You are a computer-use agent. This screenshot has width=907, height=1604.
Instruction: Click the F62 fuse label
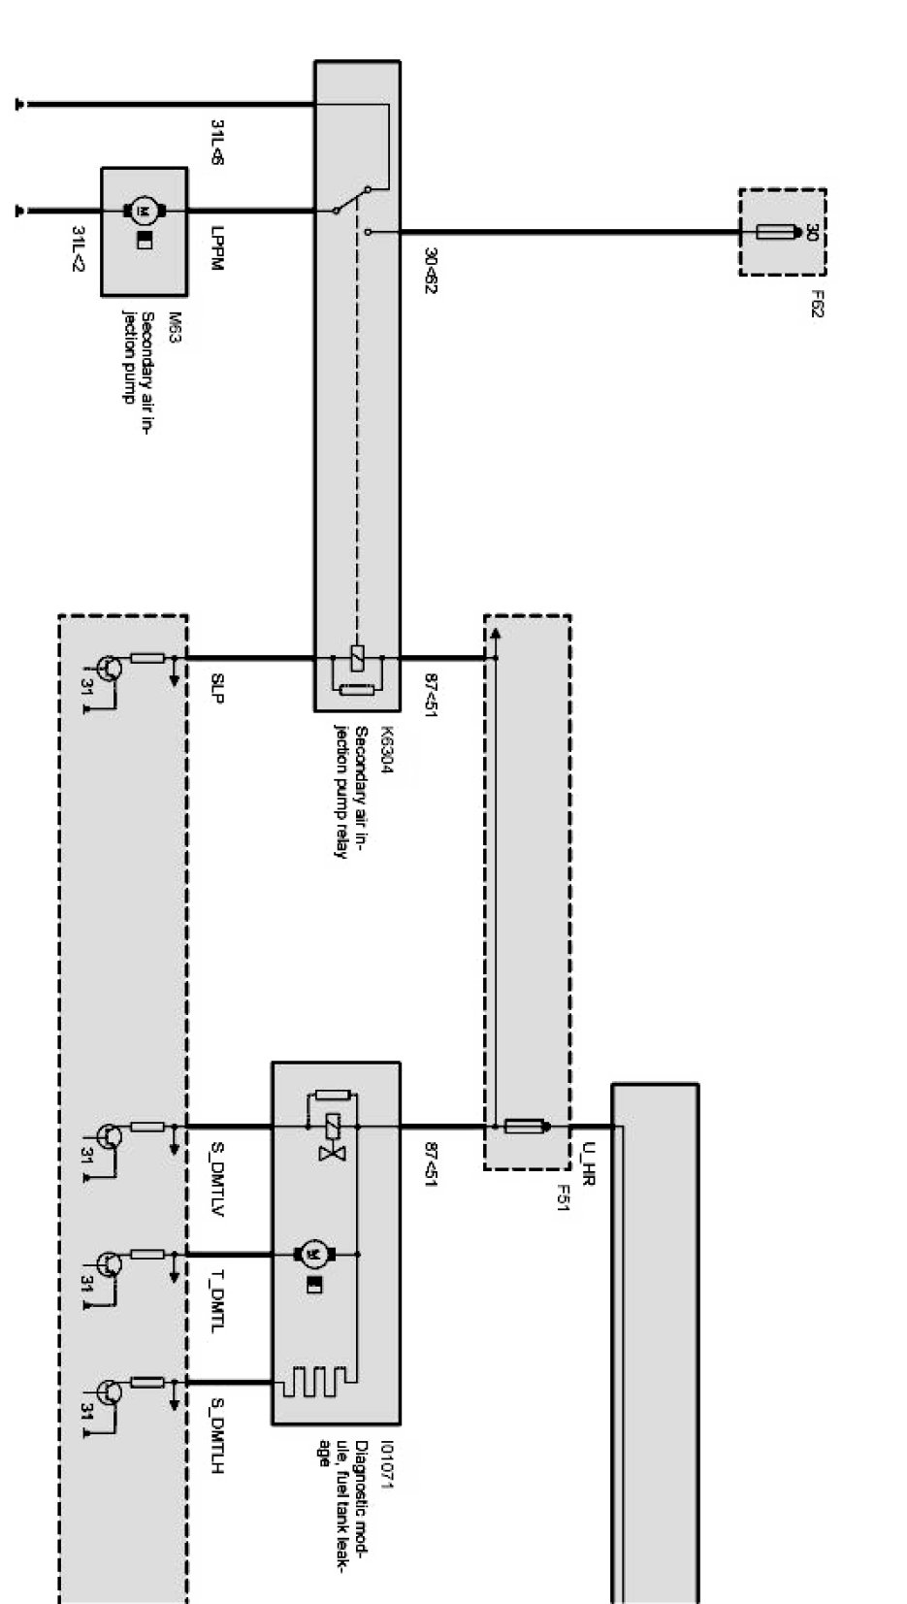(x=817, y=304)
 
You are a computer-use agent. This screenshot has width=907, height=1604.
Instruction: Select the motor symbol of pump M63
(x=144, y=211)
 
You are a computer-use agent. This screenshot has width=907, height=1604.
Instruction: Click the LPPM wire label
(x=216, y=249)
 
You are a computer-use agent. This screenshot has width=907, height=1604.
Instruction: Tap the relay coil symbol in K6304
(x=357, y=658)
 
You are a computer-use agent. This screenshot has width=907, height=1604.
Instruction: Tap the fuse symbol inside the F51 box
(x=522, y=1127)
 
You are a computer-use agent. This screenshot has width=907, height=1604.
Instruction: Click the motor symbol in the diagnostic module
(x=313, y=1254)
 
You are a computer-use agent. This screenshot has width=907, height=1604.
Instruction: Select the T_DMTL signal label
(x=216, y=1306)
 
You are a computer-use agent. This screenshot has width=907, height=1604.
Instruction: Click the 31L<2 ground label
(x=80, y=247)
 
